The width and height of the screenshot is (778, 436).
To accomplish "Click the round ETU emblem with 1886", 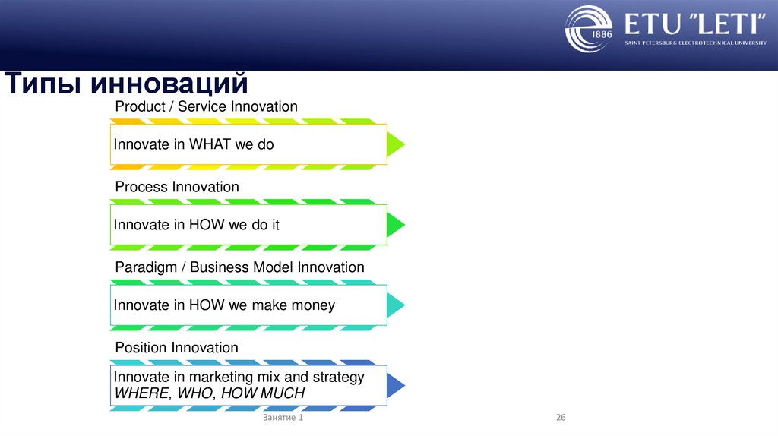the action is pyautogui.click(x=589, y=29).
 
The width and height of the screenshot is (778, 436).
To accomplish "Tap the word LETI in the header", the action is pyautogui.click(x=729, y=24).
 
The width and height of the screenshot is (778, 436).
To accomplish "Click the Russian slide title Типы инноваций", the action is pyautogui.click(x=127, y=84).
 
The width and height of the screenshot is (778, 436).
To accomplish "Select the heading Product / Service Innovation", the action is pyautogui.click(x=207, y=106).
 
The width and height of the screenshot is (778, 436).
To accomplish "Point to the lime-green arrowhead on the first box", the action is pyautogui.click(x=396, y=144).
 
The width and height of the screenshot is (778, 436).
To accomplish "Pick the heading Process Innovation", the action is pyautogui.click(x=177, y=187).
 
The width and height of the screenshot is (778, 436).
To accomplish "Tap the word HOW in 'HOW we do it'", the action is pyautogui.click(x=207, y=224).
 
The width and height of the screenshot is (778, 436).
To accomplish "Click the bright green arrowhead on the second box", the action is pyautogui.click(x=396, y=225).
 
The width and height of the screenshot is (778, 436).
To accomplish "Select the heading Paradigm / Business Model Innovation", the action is pyautogui.click(x=239, y=267).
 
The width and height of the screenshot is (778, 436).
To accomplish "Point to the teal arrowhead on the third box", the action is pyautogui.click(x=396, y=305).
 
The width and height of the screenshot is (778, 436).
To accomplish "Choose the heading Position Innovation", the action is pyautogui.click(x=176, y=347).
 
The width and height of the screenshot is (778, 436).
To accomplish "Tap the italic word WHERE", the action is pyautogui.click(x=143, y=393).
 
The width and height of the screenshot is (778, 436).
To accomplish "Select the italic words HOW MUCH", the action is pyautogui.click(x=262, y=393).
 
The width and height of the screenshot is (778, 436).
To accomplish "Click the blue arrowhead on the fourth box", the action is pyautogui.click(x=396, y=385).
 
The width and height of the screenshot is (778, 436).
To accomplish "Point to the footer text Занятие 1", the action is pyautogui.click(x=283, y=418).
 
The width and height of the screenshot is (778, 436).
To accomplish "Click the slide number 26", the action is pyautogui.click(x=561, y=418).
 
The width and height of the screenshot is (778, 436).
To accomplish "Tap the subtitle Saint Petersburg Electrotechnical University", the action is pyautogui.click(x=696, y=43).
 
